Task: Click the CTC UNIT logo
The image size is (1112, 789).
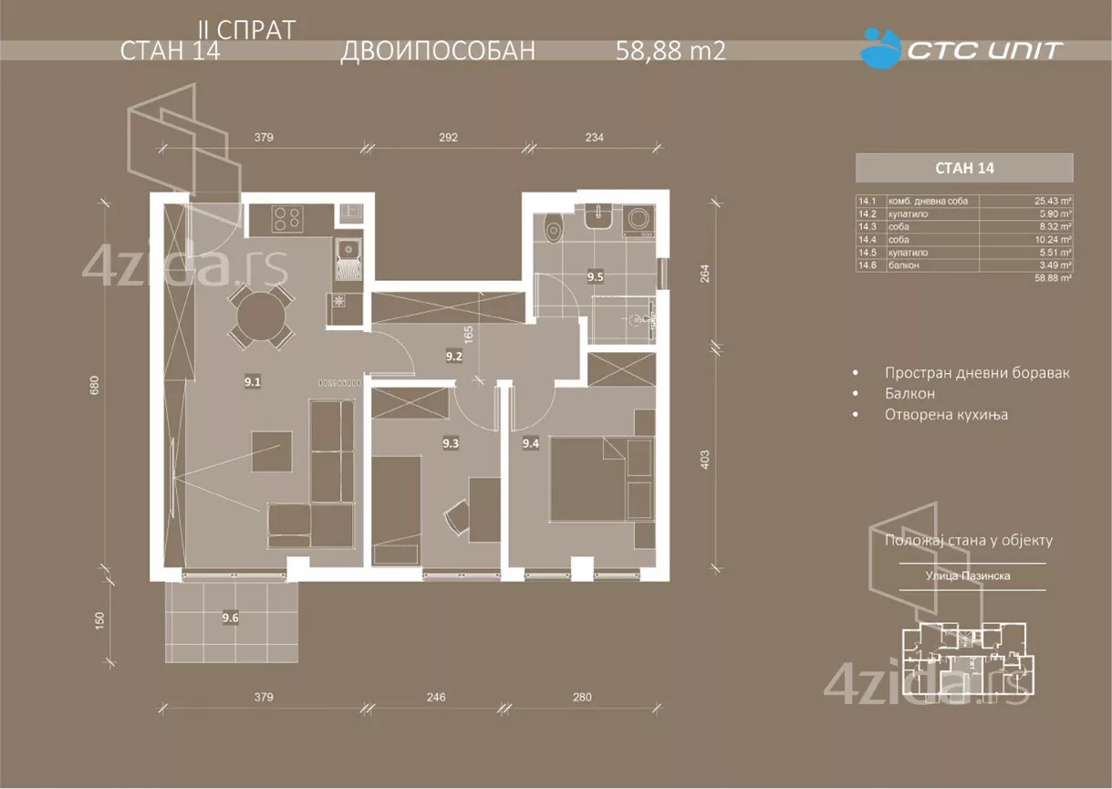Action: point(962,48)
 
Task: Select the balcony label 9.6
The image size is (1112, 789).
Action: point(231,618)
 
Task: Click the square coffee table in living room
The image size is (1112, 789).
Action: point(273,452)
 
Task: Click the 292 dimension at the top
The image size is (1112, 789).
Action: point(448,139)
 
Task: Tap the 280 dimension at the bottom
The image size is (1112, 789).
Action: point(582,698)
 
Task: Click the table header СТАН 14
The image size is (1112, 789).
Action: point(963,168)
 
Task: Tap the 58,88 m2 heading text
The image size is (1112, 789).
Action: point(671,51)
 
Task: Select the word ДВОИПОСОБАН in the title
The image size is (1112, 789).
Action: point(437,51)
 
